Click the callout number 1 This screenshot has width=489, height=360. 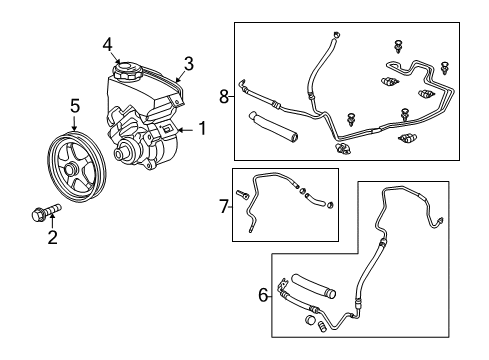pyautogui.click(x=201, y=128)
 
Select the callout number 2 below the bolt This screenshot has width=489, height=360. pyautogui.click(x=53, y=237)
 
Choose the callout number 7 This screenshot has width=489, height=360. pyautogui.click(x=223, y=207)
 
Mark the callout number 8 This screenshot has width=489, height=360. pyautogui.click(x=225, y=97)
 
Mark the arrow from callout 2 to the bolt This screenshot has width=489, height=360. pyautogui.click(x=53, y=224)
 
